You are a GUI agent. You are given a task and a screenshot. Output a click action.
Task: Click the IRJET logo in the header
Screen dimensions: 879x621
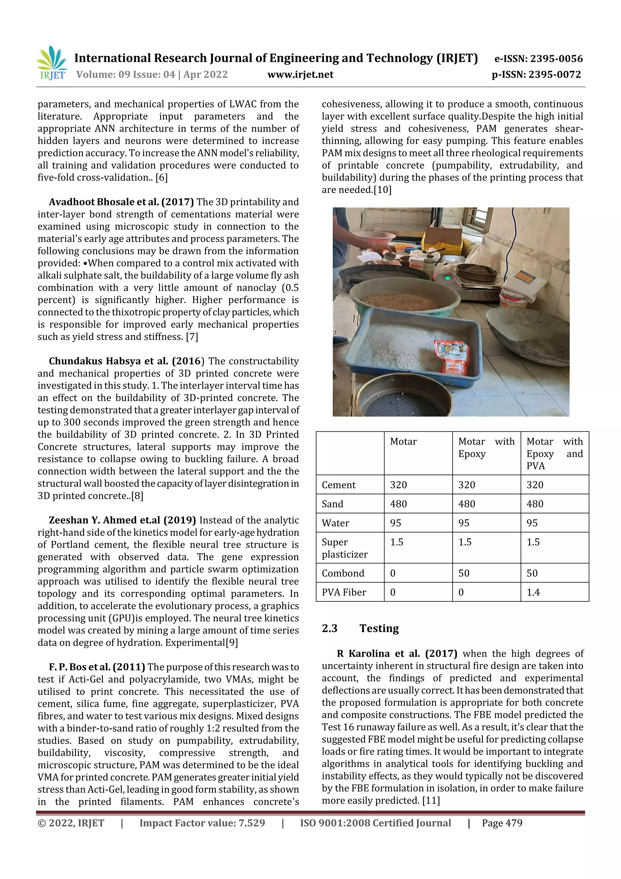[52, 63]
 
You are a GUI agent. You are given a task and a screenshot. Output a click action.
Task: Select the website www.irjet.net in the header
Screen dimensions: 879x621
[300, 75]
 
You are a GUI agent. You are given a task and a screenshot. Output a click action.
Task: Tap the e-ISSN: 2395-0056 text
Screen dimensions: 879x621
[538, 59]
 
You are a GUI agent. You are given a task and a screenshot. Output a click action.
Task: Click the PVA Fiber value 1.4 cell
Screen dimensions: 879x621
[533, 592]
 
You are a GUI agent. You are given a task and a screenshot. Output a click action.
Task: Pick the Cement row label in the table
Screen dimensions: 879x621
[339, 485]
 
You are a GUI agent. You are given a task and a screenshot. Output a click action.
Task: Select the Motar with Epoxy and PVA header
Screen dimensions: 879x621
[554, 453]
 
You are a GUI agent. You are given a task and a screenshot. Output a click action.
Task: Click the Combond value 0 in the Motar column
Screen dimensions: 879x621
[393, 573]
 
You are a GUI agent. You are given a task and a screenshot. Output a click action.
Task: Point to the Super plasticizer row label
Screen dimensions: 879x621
[344, 548]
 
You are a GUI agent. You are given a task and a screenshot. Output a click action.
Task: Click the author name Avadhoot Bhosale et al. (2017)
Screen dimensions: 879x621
[121, 202]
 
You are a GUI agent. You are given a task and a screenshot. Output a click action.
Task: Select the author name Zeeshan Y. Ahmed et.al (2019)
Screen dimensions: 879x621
[122, 520]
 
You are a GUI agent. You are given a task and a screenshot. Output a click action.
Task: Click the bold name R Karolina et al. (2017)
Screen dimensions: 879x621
[397, 654]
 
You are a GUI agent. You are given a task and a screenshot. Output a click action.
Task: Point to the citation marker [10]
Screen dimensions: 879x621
[382, 190]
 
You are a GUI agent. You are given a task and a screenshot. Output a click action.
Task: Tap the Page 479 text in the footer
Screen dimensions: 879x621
[502, 823]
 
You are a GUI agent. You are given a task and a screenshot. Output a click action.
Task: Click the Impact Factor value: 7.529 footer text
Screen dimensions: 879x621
[202, 823]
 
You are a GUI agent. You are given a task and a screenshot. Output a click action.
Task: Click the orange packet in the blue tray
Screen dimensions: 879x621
[452, 357]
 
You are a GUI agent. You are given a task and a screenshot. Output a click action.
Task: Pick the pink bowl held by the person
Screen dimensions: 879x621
[373, 237]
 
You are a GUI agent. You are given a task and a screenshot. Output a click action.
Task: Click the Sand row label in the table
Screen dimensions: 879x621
[333, 504]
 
